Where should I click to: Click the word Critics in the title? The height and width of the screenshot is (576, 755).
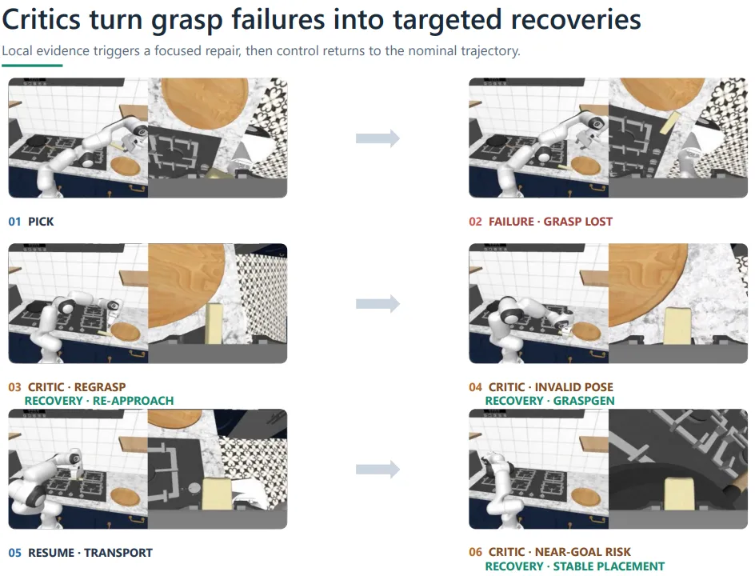pyautogui.click(x=42, y=20)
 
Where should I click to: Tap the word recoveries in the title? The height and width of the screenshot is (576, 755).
pyautogui.click(x=576, y=20)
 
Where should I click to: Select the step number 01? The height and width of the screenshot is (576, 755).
pyautogui.click(x=14, y=222)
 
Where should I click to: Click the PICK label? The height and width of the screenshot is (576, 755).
pyautogui.click(x=41, y=222)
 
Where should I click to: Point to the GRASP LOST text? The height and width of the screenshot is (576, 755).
pyautogui.click(x=577, y=222)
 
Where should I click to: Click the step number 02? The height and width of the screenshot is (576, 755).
pyautogui.click(x=475, y=222)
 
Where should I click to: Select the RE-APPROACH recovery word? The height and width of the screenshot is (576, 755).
pyautogui.click(x=133, y=401)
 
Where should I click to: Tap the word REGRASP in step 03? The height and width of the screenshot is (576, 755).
pyautogui.click(x=100, y=387)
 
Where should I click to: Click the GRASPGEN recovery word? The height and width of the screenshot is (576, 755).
pyautogui.click(x=584, y=401)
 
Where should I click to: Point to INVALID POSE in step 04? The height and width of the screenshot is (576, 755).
pyautogui.click(x=574, y=387)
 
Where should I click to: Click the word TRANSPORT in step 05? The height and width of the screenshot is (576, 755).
pyautogui.click(x=118, y=553)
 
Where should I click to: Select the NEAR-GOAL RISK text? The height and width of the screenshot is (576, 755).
pyautogui.click(x=582, y=552)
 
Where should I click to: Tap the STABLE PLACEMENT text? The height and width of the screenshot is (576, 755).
pyautogui.click(x=609, y=566)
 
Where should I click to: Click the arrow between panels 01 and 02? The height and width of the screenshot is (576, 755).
pyautogui.click(x=378, y=138)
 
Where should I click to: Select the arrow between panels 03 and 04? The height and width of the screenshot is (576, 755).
pyautogui.click(x=378, y=304)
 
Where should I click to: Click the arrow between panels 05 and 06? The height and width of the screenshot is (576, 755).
pyautogui.click(x=378, y=470)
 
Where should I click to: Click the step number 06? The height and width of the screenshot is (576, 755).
pyautogui.click(x=475, y=552)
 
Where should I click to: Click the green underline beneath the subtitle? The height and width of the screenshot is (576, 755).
pyautogui.click(x=32, y=65)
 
